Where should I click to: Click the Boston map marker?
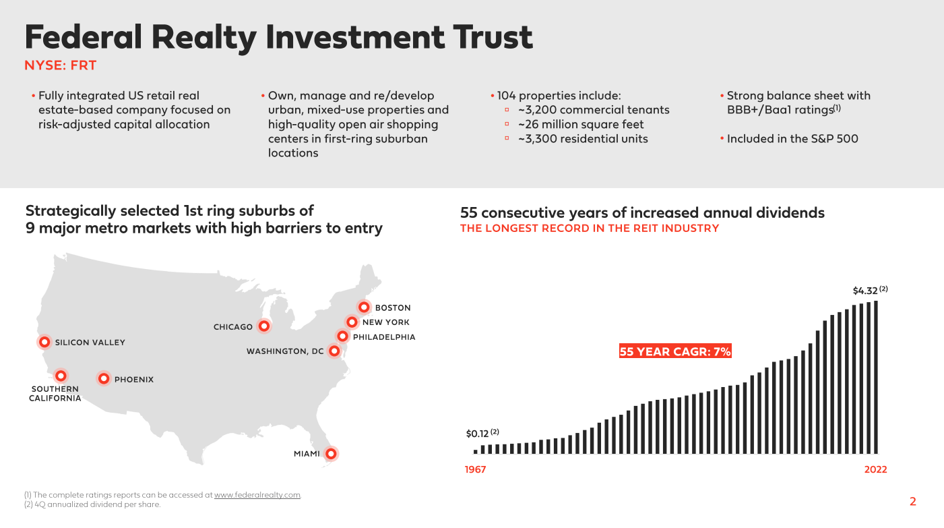click(x=364, y=307)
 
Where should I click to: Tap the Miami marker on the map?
click(x=330, y=454)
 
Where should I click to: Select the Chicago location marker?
click(x=263, y=326)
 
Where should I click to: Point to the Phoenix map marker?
click(x=104, y=379)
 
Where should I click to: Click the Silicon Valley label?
click(x=90, y=343)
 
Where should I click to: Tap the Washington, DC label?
click(x=285, y=351)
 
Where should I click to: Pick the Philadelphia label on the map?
click(x=384, y=337)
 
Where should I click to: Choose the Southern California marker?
click(x=61, y=376)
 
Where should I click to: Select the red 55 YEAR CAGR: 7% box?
click(x=675, y=351)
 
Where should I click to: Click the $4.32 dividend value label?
click(x=866, y=291)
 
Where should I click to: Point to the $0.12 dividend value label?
click(x=477, y=433)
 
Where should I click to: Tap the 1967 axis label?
click(x=475, y=470)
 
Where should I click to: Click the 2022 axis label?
click(x=875, y=470)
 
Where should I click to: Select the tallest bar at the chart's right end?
click(x=875, y=377)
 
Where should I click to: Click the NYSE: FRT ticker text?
click(x=61, y=65)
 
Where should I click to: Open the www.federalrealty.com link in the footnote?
click(x=257, y=495)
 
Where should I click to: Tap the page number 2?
click(x=913, y=502)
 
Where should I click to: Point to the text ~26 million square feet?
click(x=581, y=124)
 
